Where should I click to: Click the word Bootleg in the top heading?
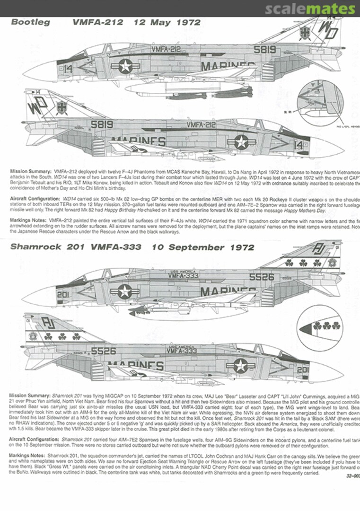30,22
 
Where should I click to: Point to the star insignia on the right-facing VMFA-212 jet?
240,141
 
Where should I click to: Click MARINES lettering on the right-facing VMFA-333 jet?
137,366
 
